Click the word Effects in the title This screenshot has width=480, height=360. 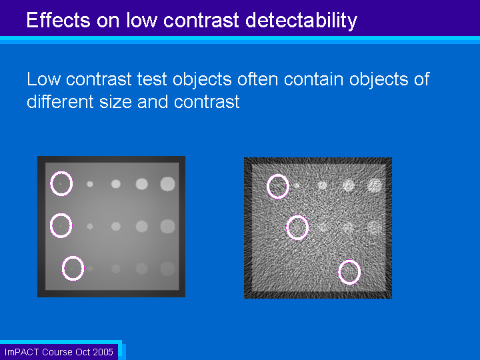58,20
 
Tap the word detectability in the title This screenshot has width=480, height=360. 301,21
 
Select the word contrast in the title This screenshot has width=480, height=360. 201,21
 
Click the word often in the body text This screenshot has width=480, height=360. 258,79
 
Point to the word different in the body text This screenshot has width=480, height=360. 60,101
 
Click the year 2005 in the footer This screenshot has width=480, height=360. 103,352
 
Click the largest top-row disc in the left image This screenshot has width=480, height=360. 168,184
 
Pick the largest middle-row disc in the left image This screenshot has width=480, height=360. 168,227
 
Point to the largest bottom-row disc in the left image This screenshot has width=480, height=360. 168,269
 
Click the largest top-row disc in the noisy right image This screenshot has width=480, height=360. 375,185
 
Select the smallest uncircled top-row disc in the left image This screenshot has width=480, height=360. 90,184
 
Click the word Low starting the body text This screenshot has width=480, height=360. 43,79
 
